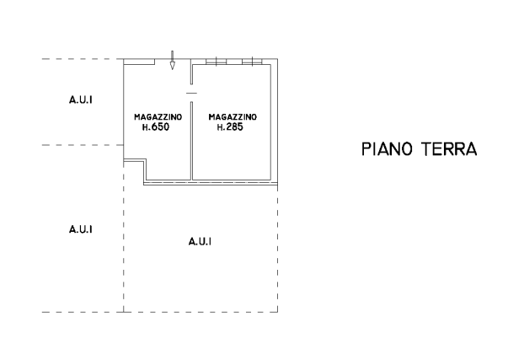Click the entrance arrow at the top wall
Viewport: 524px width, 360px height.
[x=172, y=60]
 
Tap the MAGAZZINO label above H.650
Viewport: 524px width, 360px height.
[x=158, y=117]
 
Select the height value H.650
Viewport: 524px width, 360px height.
[x=156, y=127]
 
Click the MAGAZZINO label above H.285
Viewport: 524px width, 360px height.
[x=233, y=117]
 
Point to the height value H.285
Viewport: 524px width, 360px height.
[x=230, y=127]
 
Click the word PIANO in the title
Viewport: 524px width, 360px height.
[x=387, y=149]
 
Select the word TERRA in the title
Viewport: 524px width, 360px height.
[x=449, y=149]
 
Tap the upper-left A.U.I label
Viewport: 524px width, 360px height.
[x=81, y=99]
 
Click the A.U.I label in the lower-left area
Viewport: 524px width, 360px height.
[x=81, y=229]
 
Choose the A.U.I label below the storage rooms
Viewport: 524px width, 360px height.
[x=200, y=242]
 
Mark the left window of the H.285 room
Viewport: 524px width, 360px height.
[x=217, y=62]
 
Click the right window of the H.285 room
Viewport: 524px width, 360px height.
[x=252, y=62]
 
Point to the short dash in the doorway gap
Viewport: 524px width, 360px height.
[x=191, y=94]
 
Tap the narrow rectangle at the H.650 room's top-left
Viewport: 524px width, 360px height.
[x=139, y=62]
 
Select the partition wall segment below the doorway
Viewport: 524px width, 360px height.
[x=191, y=141]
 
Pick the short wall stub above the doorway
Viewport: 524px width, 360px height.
[x=191, y=72]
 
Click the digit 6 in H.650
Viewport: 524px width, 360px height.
[x=154, y=127]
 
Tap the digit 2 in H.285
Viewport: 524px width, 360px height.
[x=228, y=127]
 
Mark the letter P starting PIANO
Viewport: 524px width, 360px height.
[x=366, y=149]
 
